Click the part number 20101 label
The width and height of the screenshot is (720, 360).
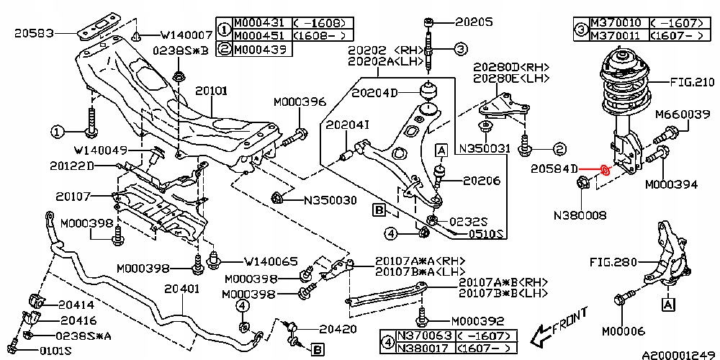coord(211,91)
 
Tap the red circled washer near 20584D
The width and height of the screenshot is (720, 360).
coord(605,171)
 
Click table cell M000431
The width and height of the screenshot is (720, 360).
coord(258,22)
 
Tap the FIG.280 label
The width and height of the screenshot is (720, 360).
coord(613,262)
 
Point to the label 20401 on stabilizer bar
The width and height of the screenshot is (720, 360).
coord(181,288)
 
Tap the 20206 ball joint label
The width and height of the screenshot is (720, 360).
coord(481,181)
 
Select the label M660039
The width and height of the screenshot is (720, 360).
coord(687,114)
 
